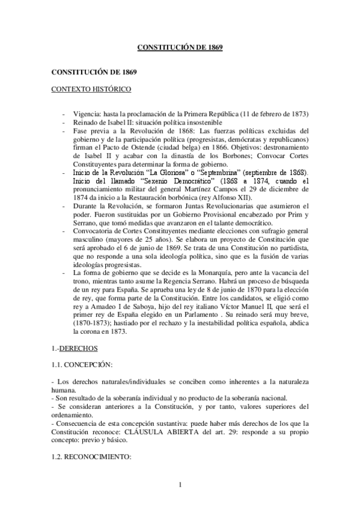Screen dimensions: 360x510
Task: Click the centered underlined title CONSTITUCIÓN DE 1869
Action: [180, 46]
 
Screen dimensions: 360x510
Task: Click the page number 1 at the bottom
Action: [180, 485]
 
